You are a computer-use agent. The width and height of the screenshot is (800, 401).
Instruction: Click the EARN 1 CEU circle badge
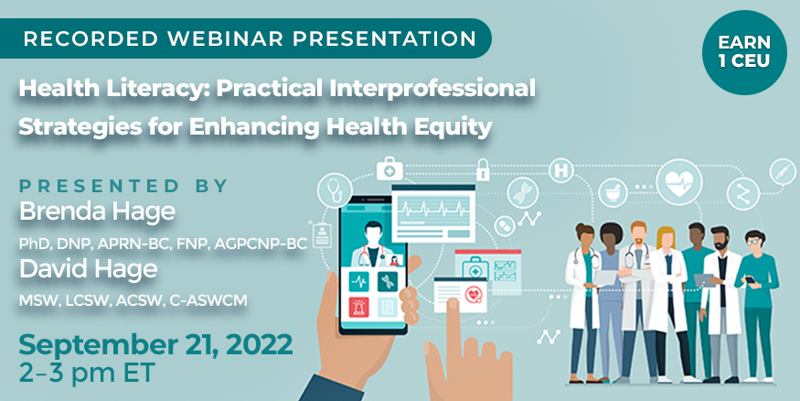point(744,53)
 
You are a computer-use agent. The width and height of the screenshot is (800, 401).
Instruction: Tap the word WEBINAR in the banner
point(228,38)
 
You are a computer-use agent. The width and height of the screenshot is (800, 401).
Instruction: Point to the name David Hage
point(89,269)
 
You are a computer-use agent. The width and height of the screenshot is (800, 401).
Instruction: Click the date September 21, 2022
point(155,345)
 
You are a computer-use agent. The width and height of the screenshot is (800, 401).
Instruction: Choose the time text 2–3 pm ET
point(87,373)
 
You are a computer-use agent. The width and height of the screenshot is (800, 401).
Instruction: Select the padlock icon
point(482,169)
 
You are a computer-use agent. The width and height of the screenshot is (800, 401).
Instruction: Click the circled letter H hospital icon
point(560,170)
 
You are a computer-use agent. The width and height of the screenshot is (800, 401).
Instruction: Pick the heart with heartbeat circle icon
point(679,182)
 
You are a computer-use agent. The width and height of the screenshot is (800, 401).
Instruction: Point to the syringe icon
point(782,171)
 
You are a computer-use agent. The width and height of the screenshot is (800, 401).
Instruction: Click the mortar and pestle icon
point(613,192)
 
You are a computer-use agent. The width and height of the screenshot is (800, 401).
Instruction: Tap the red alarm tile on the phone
point(359,307)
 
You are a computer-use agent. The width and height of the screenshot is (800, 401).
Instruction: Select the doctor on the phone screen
point(373,244)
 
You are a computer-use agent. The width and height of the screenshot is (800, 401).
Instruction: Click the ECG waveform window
point(433,213)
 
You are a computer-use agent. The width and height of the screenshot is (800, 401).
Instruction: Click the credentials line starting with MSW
point(133,301)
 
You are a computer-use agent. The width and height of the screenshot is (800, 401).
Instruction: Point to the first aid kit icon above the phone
point(389,168)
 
